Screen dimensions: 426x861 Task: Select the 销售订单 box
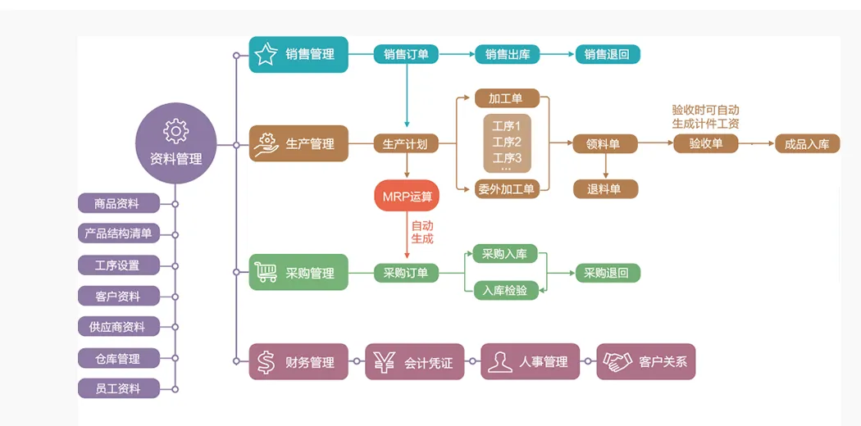pyautogui.click(x=406, y=55)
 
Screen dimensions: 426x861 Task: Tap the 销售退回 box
pyautogui.click(x=607, y=55)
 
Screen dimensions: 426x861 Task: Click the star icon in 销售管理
pyautogui.click(x=266, y=55)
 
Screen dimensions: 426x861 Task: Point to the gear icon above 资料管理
pyautogui.click(x=175, y=131)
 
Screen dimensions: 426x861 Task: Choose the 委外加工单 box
pyautogui.click(x=507, y=190)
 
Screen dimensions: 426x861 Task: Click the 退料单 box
pyautogui.click(x=605, y=189)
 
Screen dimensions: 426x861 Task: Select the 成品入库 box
pyautogui.click(x=807, y=144)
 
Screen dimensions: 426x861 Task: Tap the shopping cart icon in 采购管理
pyautogui.click(x=266, y=273)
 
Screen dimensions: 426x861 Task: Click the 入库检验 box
pyautogui.click(x=505, y=290)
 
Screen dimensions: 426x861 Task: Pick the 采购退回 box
pyautogui.click(x=607, y=274)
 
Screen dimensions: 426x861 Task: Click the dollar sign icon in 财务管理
pyautogui.click(x=266, y=362)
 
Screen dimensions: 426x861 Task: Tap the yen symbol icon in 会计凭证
pyautogui.click(x=383, y=362)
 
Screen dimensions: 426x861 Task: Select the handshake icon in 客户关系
pyautogui.click(x=617, y=361)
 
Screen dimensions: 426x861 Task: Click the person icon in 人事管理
pyautogui.click(x=499, y=362)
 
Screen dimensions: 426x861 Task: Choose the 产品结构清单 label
pyautogui.click(x=118, y=233)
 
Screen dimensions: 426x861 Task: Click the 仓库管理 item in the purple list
pyautogui.click(x=118, y=358)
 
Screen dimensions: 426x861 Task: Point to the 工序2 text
pyautogui.click(x=507, y=142)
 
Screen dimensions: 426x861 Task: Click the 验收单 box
pyautogui.click(x=705, y=144)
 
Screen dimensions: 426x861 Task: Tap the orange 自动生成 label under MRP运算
pyautogui.click(x=421, y=232)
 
